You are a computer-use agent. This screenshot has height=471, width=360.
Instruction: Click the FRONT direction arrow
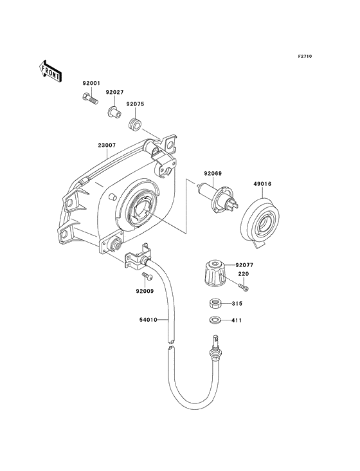tap(50, 71)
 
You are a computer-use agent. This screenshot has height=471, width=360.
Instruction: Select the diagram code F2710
tap(305, 56)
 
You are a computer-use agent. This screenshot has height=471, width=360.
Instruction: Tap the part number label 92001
tap(91, 83)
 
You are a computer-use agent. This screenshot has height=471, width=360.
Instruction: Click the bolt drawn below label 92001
tap(90, 98)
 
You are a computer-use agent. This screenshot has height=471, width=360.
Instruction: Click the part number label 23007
tap(107, 145)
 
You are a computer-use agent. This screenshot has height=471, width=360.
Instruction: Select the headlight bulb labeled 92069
tap(217, 198)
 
